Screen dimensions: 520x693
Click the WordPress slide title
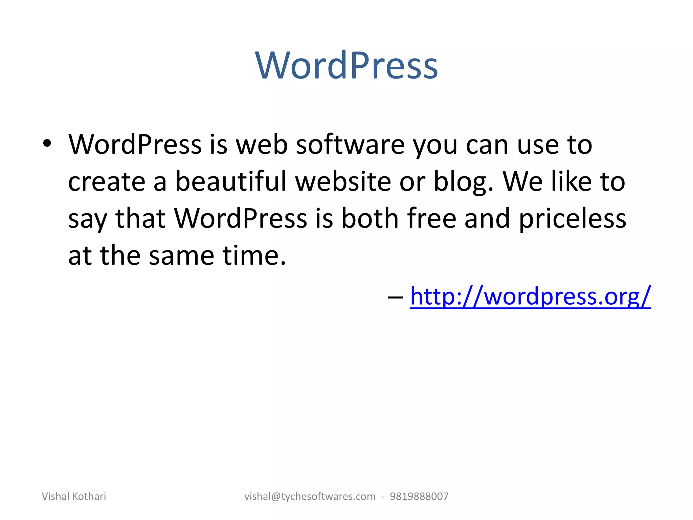346,65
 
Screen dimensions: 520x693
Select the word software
350,145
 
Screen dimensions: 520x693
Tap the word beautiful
231,181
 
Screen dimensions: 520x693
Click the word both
370,218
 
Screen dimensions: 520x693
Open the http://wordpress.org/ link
530,296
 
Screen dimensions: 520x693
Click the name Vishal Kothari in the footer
74,496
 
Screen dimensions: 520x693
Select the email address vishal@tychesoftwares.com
310,496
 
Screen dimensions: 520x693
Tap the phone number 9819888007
419,496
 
